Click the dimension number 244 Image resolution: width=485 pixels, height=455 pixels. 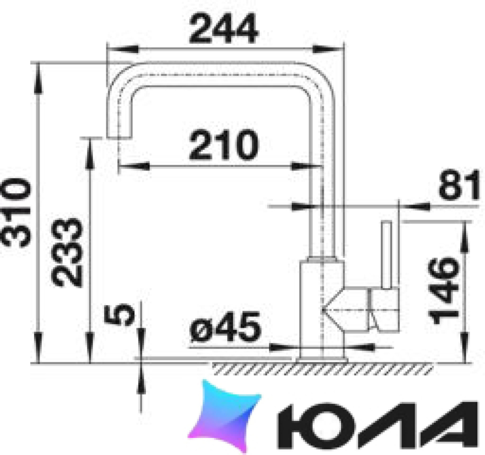(223, 28)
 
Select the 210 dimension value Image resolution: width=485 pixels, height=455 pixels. (224, 145)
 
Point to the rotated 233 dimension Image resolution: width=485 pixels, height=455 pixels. (67, 252)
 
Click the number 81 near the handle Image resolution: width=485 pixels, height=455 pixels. (459, 185)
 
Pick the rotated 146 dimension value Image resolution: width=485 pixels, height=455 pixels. (443, 291)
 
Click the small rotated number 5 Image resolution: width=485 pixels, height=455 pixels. (119, 315)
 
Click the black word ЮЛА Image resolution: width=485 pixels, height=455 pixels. (378, 425)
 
